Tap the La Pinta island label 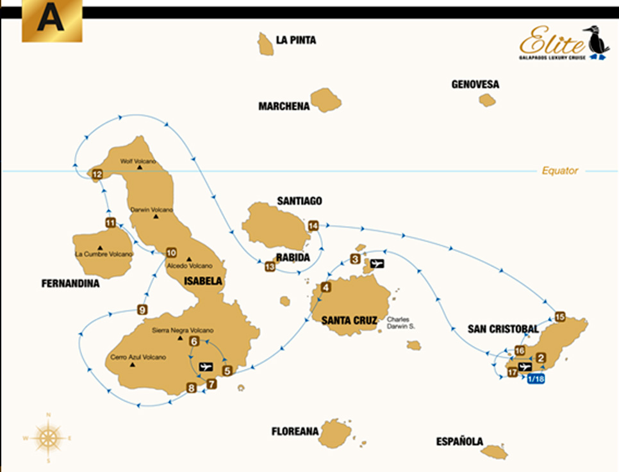pos(295,40)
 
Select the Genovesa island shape pos(487,100)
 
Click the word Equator pos(559,170)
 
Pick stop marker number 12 pos(97,174)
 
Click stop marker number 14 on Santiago pos(313,225)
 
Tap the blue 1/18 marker pos(536,378)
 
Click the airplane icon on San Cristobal pos(525,367)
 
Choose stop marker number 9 pos(142,311)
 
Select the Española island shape pos(495,452)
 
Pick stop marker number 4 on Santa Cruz pos(326,288)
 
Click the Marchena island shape pos(326,101)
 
